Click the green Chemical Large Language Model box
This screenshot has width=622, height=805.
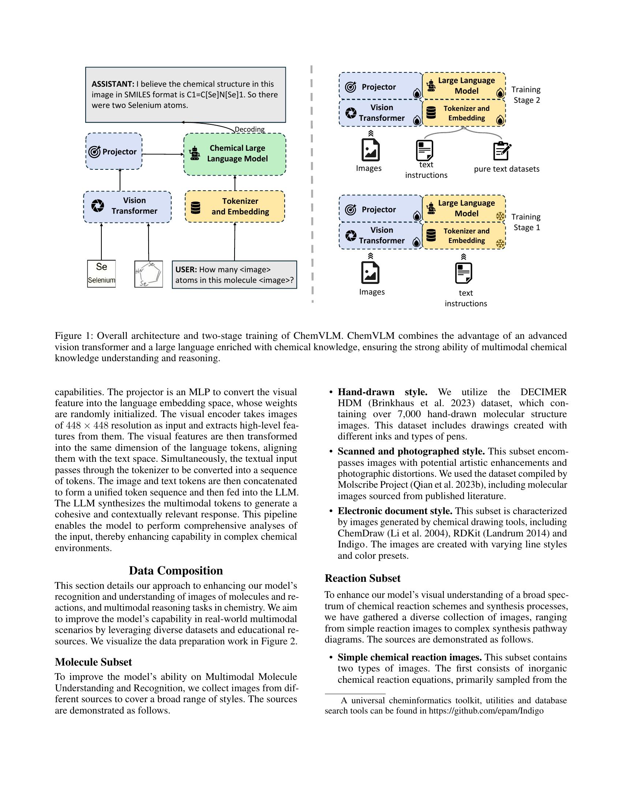(235, 154)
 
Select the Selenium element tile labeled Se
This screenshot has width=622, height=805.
(101, 273)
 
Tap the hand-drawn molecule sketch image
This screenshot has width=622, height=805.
(149, 274)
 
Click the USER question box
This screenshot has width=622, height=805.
(235, 274)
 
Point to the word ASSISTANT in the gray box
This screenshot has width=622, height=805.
(113, 84)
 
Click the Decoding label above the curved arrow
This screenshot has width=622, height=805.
(250, 130)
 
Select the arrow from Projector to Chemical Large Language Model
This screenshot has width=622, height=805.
(162, 154)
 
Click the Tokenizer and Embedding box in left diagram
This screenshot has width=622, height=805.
(235, 206)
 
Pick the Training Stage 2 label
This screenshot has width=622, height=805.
(526, 95)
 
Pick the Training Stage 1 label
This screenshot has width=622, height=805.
(526, 222)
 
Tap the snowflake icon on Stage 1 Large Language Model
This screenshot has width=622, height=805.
(500, 216)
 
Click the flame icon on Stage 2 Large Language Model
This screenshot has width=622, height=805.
(500, 93)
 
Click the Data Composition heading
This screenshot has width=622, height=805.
(176, 570)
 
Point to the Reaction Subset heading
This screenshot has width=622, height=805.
(362, 578)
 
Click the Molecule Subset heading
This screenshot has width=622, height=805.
(93, 662)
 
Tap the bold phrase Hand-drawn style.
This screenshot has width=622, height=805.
(382, 392)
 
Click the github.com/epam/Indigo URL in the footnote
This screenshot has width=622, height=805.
(486, 711)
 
